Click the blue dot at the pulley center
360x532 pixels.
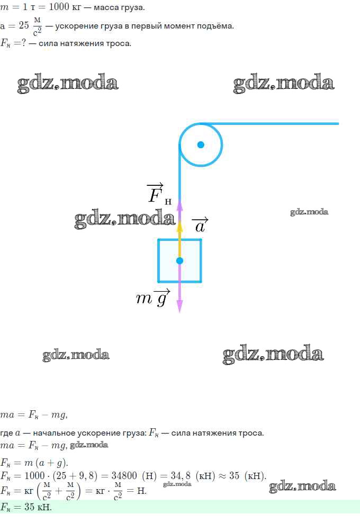pos(201,145)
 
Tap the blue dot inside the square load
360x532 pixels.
pos(180,260)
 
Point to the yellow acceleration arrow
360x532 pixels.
pos(180,240)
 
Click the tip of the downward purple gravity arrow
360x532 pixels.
pos(180,312)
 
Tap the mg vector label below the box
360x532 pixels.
pos(152,297)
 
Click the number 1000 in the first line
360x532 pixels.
pos(59,6)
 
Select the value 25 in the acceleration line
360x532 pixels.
pos(24,25)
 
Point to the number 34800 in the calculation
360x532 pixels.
pos(124,475)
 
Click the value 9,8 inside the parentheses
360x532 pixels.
pos(86,476)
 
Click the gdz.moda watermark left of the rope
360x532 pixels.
pos(124,220)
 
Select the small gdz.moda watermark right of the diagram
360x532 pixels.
pos(309,212)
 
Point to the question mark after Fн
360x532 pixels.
pos(23,43)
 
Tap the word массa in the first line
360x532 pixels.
pos(104,7)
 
